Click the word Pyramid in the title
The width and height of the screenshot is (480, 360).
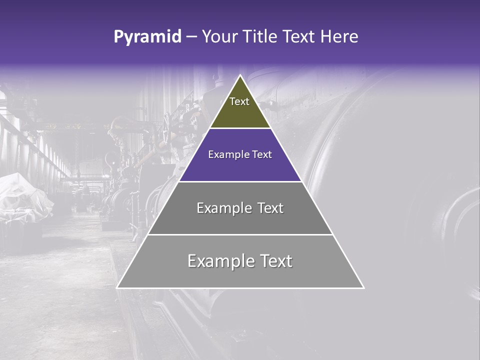coord(147,37)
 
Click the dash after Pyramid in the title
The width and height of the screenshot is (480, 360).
coord(191,37)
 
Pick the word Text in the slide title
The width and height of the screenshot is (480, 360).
coord(299,37)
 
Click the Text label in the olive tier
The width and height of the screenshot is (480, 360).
coord(239,101)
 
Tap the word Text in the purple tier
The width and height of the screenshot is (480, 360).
coord(262,155)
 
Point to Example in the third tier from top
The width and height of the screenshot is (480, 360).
coord(223,208)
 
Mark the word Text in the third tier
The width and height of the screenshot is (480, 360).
coord(270,208)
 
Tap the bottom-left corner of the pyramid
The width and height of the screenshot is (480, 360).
coord(117,287)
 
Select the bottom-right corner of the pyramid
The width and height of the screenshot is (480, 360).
coord(363,287)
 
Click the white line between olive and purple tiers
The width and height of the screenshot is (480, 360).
coord(240,128)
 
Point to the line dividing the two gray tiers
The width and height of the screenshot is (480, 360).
coord(240,234)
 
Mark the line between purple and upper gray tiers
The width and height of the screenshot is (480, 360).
coord(240,181)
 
